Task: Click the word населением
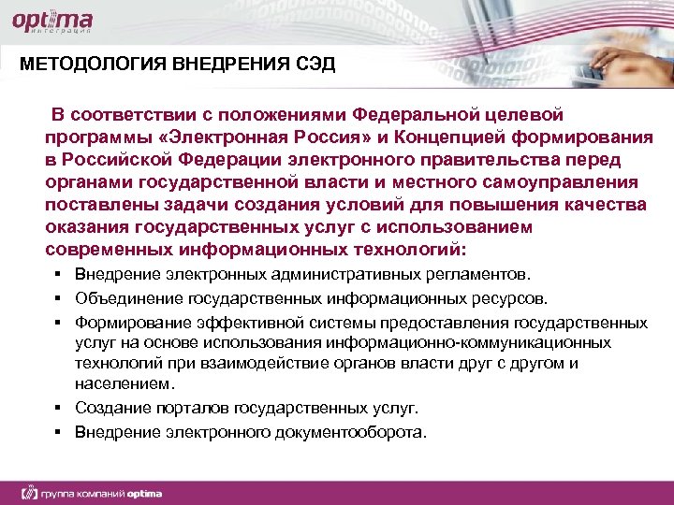pos(118,383)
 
